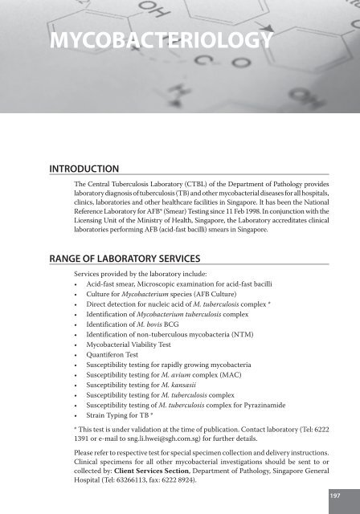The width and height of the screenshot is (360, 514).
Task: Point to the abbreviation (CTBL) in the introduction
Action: pos(194,184)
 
